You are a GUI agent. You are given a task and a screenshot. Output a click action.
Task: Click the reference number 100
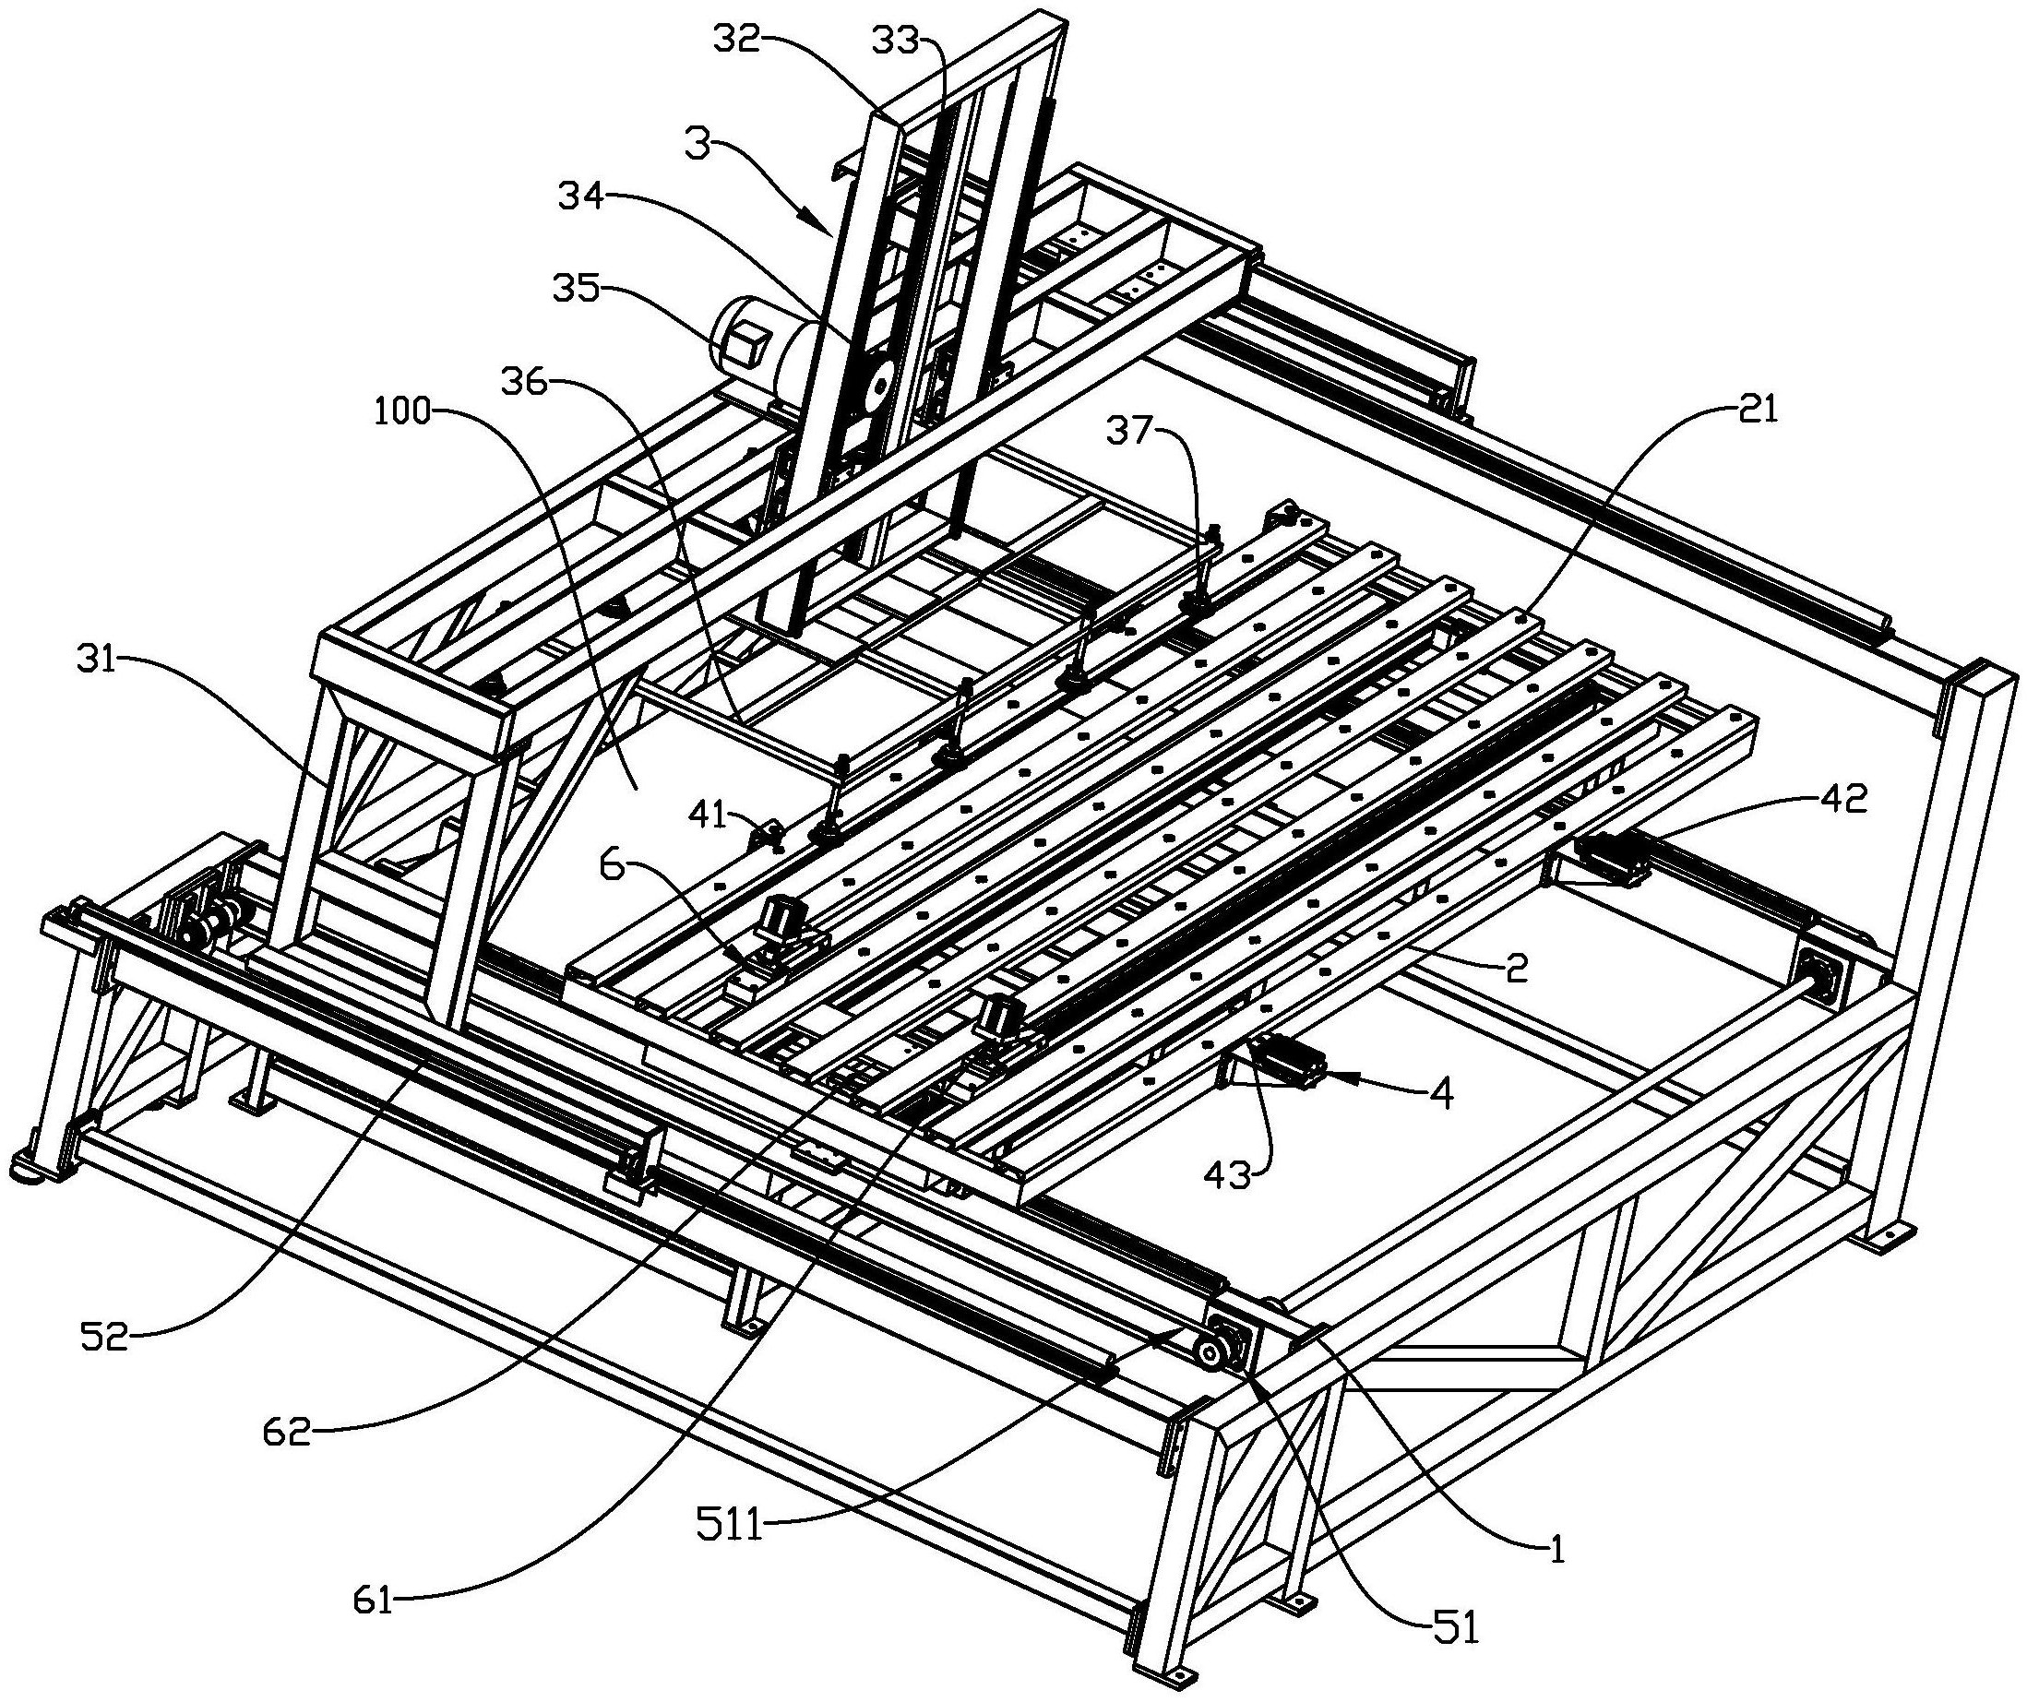click(402, 412)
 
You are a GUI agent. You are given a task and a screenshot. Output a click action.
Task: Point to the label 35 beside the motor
click(577, 287)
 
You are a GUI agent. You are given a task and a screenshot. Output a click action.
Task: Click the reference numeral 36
click(524, 382)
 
